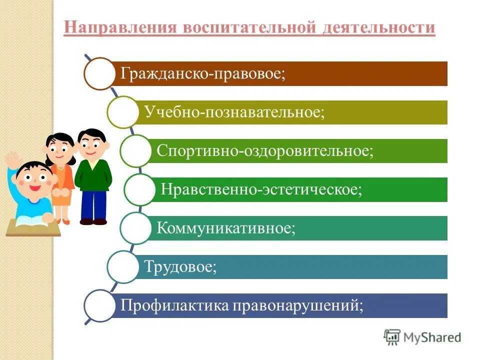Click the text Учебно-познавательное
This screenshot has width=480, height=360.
pos(234,112)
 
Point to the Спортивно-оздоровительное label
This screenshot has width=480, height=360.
pos(265,150)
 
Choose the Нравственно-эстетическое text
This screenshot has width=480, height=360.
pos(261,189)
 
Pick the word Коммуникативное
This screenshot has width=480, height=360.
pos(226,228)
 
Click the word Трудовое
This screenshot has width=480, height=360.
pos(180,266)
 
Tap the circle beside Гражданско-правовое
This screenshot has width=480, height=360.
pos(99,73)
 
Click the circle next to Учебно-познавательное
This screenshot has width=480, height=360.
pos(122,112)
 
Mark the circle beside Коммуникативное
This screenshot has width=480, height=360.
pos(135,228)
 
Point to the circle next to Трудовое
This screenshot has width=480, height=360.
pos(122,266)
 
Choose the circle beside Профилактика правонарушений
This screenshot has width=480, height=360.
pos(99,305)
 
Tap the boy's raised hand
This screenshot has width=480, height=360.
pos(11,161)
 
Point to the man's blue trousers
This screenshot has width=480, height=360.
pos(93,204)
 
